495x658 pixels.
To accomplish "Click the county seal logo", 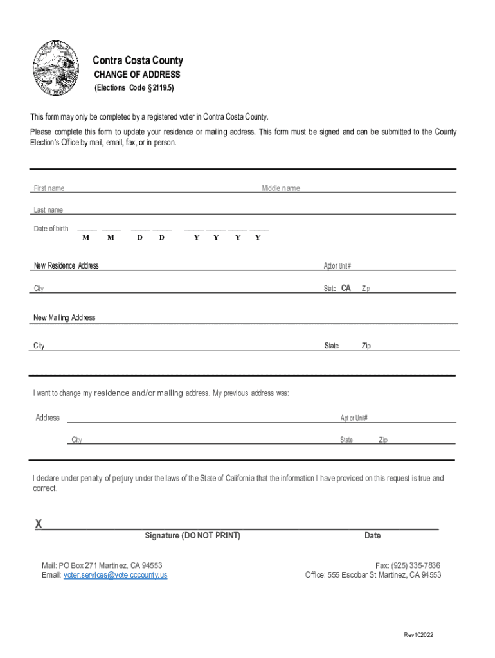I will [x=57, y=69].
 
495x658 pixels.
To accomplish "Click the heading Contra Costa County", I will [x=138, y=60].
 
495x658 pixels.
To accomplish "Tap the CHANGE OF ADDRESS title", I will [x=138, y=75].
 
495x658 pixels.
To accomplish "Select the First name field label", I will [x=49, y=188].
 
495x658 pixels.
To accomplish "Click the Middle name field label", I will [x=281, y=188].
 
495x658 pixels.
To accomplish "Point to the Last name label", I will [x=48, y=210].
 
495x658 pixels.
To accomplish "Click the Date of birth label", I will [x=51, y=229].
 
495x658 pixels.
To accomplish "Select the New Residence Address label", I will [x=66, y=265].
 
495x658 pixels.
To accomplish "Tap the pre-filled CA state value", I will [x=346, y=289].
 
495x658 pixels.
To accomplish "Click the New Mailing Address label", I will [x=64, y=317].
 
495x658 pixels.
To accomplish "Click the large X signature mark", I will [x=39, y=524].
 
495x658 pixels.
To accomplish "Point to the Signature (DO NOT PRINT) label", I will [x=193, y=535].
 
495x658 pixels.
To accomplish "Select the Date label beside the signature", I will [x=372, y=535].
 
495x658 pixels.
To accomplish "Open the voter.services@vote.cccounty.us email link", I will [x=115, y=575].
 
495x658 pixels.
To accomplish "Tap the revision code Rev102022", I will [x=419, y=635].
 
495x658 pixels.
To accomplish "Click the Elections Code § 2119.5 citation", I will [x=134, y=88].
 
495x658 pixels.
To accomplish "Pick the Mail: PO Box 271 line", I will [x=102, y=565].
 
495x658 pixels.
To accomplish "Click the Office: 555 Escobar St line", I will [x=373, y=575].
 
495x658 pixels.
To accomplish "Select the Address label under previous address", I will [x=48, y=418].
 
